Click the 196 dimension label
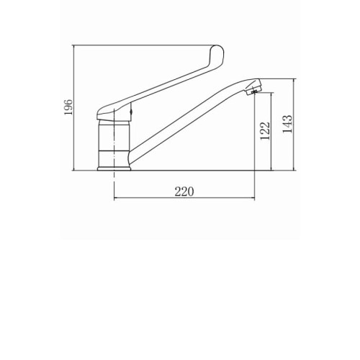coord(68,107)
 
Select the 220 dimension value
coord(184,192)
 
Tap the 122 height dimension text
coord(265,131)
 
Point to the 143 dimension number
coord(287,124)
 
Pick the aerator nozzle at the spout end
coord(253,88)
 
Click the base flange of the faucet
coord(114,168)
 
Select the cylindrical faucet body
coord(114,143)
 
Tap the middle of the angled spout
coord(189,121)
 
